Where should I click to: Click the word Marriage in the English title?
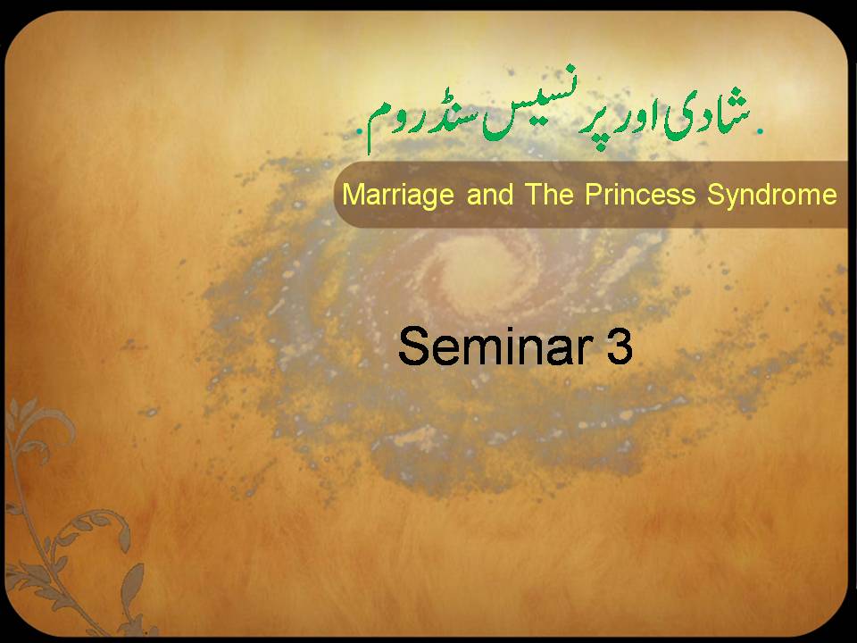click(x=398, y=196)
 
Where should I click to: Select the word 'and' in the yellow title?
click(x=490, y=194)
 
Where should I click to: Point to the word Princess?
click(x=640, y=194)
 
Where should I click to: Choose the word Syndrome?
click(x=771, y=196)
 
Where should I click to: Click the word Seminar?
click(x=495, y=346)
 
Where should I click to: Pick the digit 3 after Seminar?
click(x=620, y=346)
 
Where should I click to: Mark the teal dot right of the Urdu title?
click(x=760, y=130)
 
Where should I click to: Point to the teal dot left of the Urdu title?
click(x=359, y=131)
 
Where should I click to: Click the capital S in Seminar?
click(x=412, y=346)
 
